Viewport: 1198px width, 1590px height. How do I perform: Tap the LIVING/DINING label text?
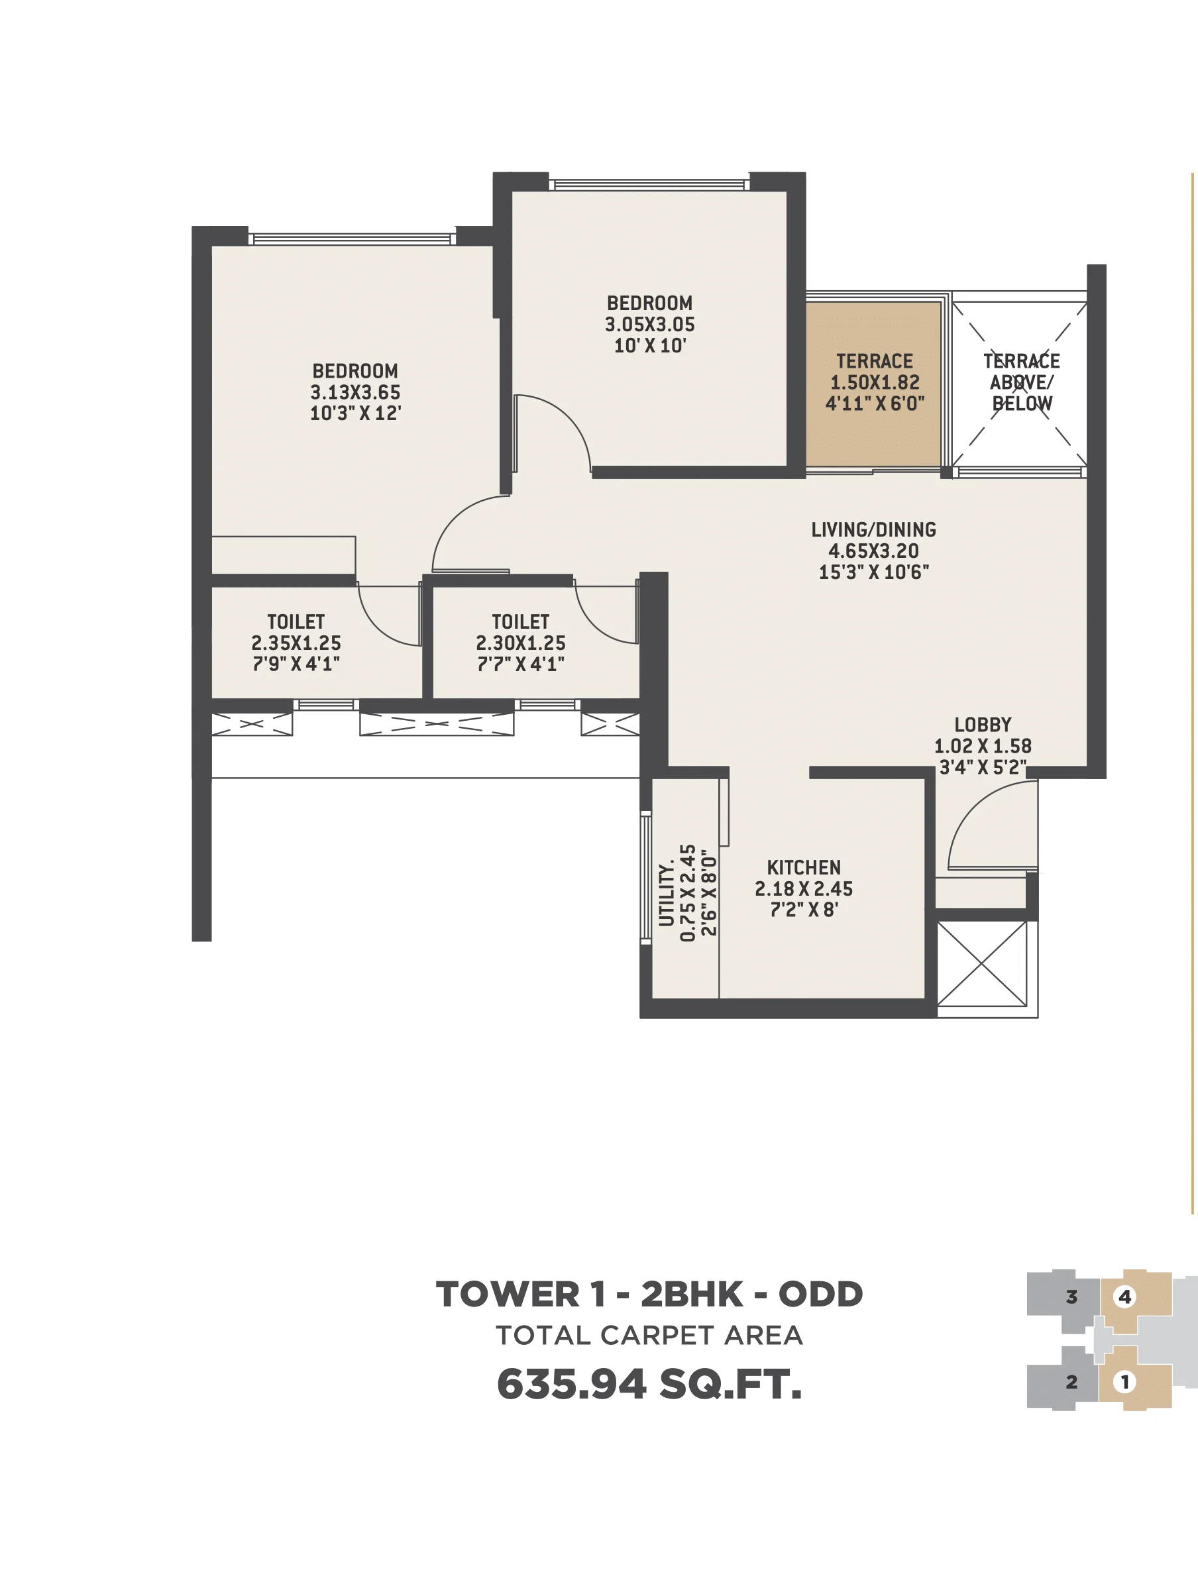pyautogui.click(x=873, y=530)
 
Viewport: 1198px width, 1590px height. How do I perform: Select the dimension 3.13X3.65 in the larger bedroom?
pyautogui.click(x=354, y=392)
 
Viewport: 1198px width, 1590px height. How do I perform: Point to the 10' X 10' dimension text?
pyautogui.click(x=649, y=346)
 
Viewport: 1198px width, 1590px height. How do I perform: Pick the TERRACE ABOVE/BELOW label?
pyautogui.click(x=1020, y=382)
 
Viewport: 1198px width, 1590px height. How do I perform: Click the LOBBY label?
pyautogui.click(x=982, y=725)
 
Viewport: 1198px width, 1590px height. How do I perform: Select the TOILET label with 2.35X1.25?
pyautogui.click(x=296, y=622)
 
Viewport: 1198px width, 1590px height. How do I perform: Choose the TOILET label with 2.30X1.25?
pyautogui.click(x=520, y=622)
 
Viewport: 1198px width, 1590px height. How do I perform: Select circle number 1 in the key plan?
pyautogui.click(x=1124, y=1381)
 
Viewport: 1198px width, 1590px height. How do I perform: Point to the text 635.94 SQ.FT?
pyautogui.click(x=649, y=1385)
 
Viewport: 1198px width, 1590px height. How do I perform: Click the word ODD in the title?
pyautogui.click(x=820, y=1295)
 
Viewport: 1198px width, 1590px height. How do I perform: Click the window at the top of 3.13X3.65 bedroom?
pyautogui.click(x=353, y=238)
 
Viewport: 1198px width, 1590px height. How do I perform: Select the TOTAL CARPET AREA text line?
pyautogui.click(x=649, y=1336)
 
